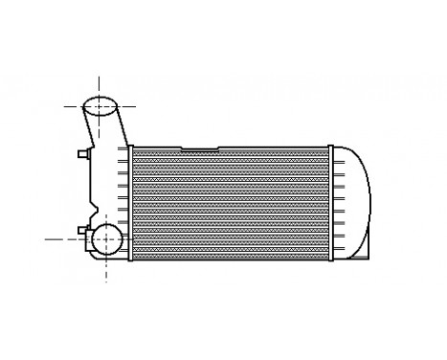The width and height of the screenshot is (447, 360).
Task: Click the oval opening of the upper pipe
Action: (100, 105)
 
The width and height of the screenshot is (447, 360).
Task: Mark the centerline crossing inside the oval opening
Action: (101, 105)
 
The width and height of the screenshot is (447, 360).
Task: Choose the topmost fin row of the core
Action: (230, 154)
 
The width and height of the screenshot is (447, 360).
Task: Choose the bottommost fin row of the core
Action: (230, 254)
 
